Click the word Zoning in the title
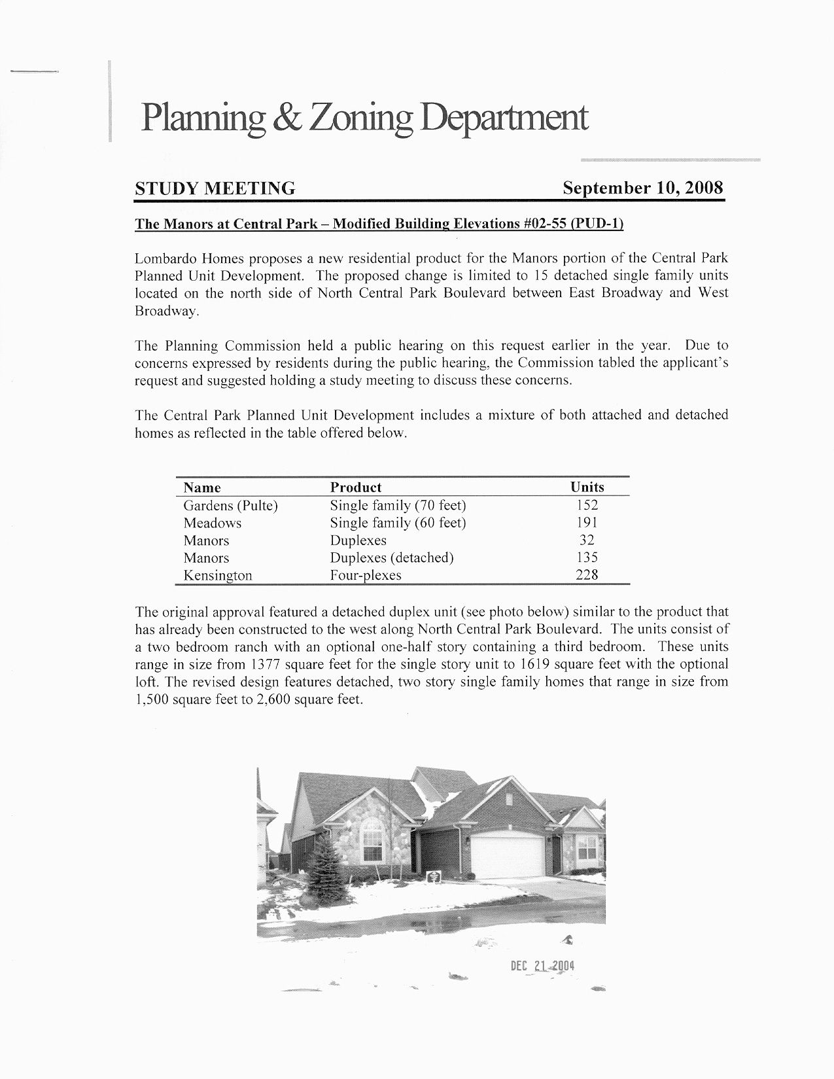tap(356, 118)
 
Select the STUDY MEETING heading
tap(215, 189)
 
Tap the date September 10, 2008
tap(643, 188)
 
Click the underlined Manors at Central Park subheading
tap(379, 224)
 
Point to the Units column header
tap(587, 487)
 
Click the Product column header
tap(355, 487)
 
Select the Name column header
tap(202, 487)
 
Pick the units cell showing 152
tap(587, 505)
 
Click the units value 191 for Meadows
tap(587, 523)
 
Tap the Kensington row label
tap(217, 576)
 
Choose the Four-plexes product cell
tap(365, 576)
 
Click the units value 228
tap(587, 575)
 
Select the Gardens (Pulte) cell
tap(230, 506)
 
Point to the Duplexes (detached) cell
tap(391, 558)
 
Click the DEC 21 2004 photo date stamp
tap(542, 966)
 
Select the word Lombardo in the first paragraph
tap(161, 258)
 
